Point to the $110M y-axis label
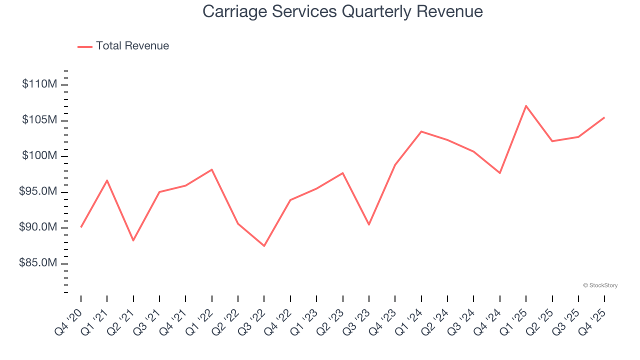tap(39, 84)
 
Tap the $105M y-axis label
tap(39, 120)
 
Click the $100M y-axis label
tap(39, 156)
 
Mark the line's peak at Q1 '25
tap(526, 106)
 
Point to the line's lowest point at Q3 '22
tap(264, 245)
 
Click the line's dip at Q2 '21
tap(133, 240)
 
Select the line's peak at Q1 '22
tap(211, 169)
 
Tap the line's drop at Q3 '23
tap(369, 224)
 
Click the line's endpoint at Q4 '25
tap(604, 117)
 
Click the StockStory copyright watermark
tap(600, 285)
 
